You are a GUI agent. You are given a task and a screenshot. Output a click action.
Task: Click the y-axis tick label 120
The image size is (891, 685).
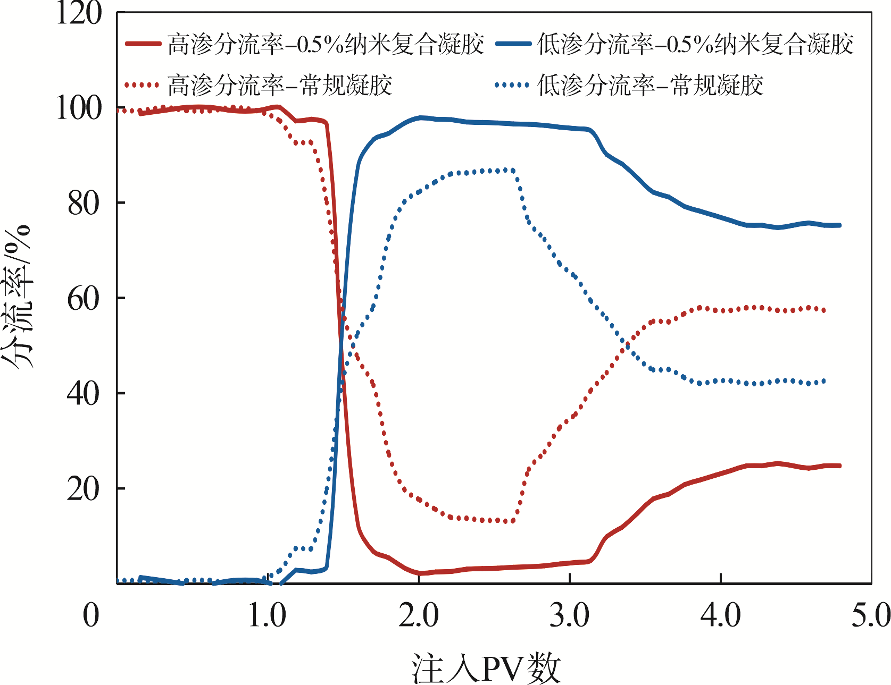[x=79, y=13]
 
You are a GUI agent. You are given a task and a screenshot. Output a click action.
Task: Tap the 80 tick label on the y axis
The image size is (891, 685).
[x=84, y=204]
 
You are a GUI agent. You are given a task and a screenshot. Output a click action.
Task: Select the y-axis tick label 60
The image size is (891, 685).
[x=84, y=299]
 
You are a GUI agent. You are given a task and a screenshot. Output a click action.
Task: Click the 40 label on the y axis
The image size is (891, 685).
[x=84, y=394]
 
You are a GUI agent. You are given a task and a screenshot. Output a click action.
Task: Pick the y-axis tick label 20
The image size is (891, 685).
[x=84, y=489]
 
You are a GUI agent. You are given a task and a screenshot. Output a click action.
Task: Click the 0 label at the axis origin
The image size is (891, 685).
[x=91, y=615]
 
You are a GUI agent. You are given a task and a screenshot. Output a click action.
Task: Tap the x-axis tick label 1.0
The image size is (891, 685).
[x=268, y=615]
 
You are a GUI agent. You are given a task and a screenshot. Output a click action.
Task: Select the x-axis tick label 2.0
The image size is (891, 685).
[x=419, y=615]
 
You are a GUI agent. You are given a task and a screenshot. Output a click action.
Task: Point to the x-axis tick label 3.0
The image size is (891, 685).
[x=570, y=615]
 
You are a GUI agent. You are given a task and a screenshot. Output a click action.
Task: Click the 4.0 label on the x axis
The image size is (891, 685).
[x=721, y=615]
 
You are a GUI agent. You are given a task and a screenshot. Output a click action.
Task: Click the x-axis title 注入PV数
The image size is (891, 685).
[x=486, y=667]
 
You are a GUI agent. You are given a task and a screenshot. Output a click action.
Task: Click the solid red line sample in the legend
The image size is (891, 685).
[x=143, y=44]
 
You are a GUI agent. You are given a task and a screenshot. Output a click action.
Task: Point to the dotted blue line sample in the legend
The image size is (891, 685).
[x=512, y=85]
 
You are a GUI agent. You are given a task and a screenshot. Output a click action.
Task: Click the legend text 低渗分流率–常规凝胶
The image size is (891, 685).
[x=650, y=85]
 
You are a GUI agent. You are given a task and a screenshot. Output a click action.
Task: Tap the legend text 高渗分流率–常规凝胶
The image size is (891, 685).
[x=280, y=85]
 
